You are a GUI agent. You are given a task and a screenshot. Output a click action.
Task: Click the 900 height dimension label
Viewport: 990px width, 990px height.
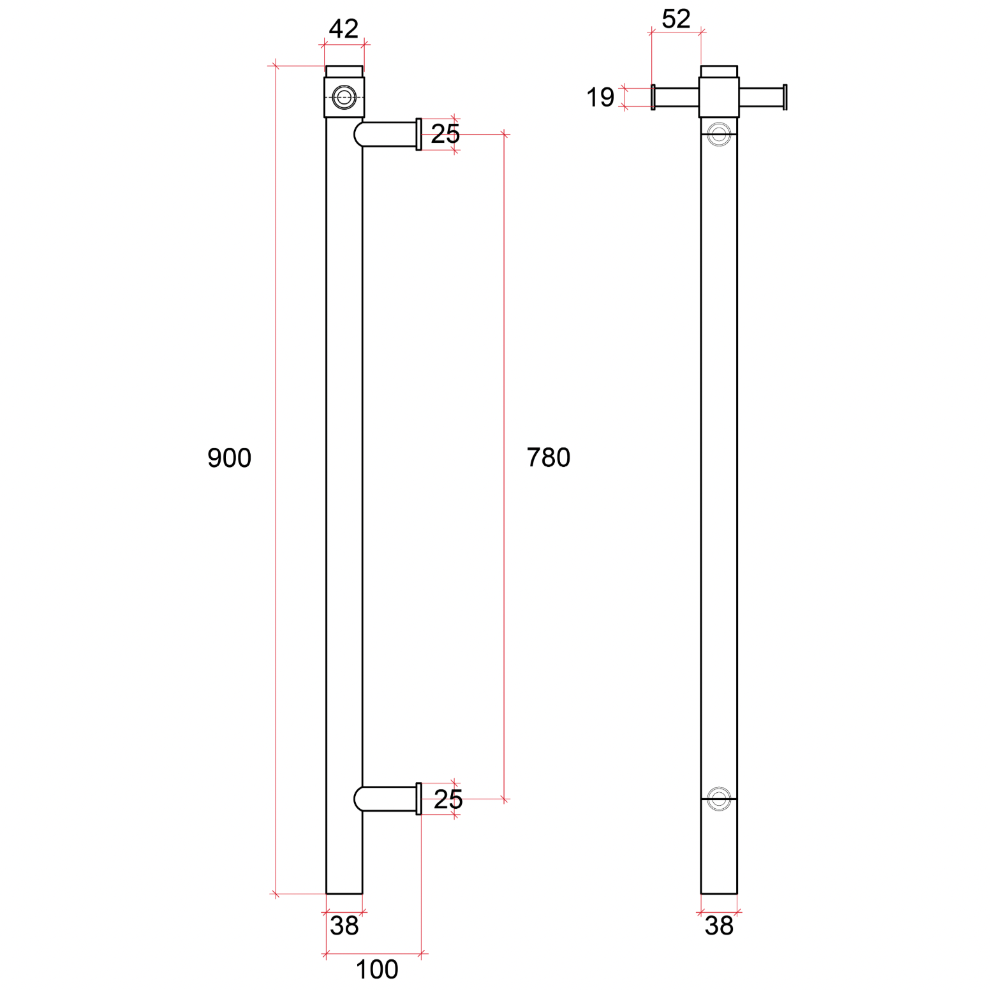pos(229,458)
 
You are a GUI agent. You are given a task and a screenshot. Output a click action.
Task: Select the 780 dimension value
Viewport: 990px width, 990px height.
pos(548,457)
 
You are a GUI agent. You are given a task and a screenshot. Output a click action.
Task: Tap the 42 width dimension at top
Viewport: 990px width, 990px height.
pos(344,29)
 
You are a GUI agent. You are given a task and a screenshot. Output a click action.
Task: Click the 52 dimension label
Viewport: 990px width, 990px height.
pos(676,18)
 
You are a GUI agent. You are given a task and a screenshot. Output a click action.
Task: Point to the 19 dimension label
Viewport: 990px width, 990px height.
pos(600,97)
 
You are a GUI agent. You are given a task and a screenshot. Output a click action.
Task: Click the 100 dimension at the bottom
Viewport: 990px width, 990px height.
pos(376,970)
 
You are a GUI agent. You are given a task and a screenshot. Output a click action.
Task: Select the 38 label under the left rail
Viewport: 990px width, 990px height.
pos(344,926)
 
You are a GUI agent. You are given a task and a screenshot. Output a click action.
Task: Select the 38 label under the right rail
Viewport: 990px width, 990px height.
pos(719,926)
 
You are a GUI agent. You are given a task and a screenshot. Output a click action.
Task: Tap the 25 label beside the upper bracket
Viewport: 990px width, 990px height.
pos(445,134)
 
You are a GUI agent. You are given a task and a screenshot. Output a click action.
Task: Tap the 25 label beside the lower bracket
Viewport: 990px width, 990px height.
pos(448,799)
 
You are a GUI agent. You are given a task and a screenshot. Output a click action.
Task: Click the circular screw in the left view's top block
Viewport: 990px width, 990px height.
pos(344,98)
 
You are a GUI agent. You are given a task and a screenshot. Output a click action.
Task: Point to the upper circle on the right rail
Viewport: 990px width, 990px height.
pos(719,135)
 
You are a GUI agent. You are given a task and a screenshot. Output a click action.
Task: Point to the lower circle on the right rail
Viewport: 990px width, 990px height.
pos(719,799)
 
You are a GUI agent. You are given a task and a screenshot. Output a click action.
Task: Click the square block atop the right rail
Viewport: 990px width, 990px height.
pos(719,97)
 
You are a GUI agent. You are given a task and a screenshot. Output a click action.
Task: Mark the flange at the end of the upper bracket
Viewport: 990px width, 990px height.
pos(418,135)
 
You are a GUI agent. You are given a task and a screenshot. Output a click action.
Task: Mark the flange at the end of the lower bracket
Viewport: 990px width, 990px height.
pos(418,799)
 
